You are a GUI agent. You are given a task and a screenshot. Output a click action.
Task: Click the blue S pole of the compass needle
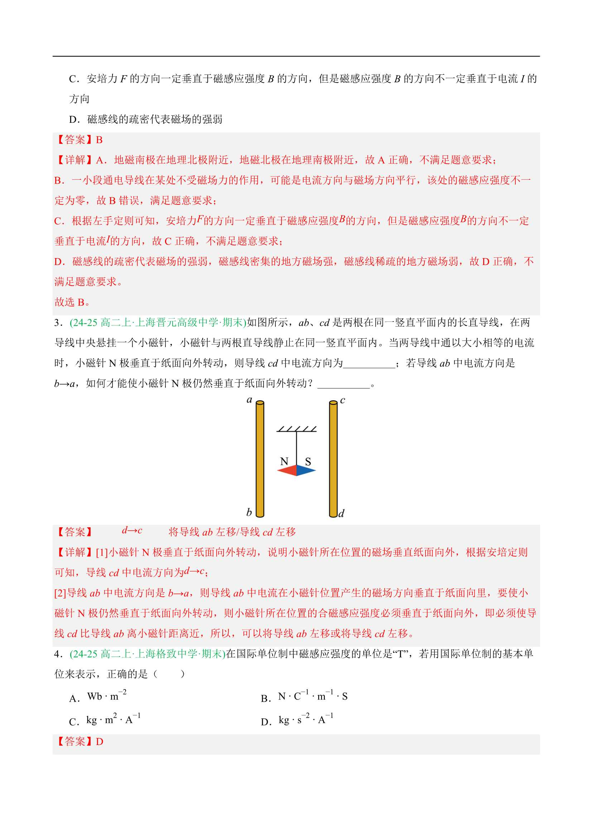[305, 470]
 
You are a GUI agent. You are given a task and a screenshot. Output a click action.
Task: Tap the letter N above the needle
[284, 461]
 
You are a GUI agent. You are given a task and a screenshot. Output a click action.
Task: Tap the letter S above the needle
[308, 461]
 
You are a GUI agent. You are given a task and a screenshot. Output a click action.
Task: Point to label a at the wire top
[250, 400]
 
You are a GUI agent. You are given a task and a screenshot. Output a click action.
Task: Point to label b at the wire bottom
[249, 513]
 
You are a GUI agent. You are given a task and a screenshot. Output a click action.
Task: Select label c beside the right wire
[342, 400]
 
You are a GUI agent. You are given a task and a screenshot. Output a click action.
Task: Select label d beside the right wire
[341, 513]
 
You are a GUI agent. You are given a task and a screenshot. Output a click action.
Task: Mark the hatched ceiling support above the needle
[297, 429]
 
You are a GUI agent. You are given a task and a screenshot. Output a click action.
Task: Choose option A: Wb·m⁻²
[106, 697]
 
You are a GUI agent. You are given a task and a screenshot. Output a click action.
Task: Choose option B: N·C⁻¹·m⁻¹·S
[312, 697]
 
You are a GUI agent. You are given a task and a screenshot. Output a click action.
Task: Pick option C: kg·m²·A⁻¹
[113, 720]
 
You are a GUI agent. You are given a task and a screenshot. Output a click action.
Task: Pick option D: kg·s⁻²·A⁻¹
[305, 720]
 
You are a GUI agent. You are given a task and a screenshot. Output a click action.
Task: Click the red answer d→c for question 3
[132, 531]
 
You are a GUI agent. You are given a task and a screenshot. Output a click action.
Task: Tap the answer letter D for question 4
[100, 741]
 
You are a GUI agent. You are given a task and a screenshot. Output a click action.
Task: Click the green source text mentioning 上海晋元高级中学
[158, 322]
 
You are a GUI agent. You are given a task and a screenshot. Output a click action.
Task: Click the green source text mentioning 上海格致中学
[147, 654]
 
